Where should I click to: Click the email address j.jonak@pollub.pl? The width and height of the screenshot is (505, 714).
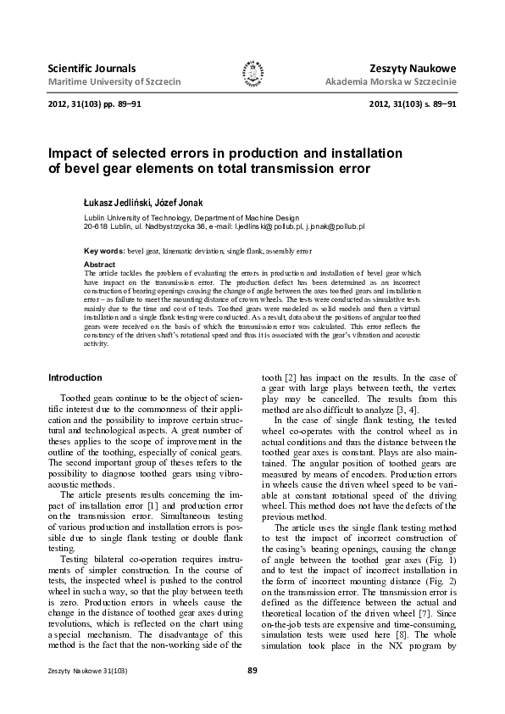tap(333, 227)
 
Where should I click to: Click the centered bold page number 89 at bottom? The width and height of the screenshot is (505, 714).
tap(252, 671)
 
